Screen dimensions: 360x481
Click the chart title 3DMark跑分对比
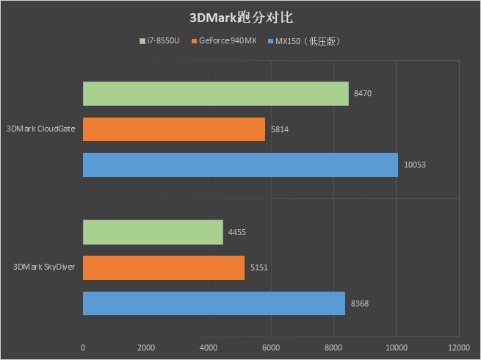pyautogui.click(x=241, y=16)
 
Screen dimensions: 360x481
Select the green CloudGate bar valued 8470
pyautogui.click(x=215, y=93)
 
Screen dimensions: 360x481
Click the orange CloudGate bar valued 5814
pyautogui.click(x=173, y=129)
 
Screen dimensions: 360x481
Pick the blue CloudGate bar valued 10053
pyautogui.click(x=240, y=165)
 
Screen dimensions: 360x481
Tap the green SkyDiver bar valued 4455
pyautogui.click(x=153, y=232)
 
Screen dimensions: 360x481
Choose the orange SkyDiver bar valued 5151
pyautogui.click(x=163, y=268)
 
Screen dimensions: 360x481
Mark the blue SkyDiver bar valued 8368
pyautogui.click(x=214, y=303)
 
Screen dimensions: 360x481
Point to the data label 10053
pyautogui.click(x=415, y=165)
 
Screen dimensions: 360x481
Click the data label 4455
pyautogui.click(x=237, y=232)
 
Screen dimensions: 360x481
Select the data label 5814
pyautogui.click(x=280, y=129)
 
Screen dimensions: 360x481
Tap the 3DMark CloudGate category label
pyautogui.click(x=41, y=129)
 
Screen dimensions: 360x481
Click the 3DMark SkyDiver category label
pyautogui.click(x=45, y=268)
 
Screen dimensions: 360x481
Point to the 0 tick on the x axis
pyautogui.click(x=83, y=347)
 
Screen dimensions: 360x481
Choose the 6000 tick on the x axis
pyautogui.click(x=271, y=347)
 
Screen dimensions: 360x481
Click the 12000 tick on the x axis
pyautogui.click(x=459, y=347)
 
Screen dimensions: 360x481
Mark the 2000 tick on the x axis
pyautogui.click(x=145, y=347)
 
